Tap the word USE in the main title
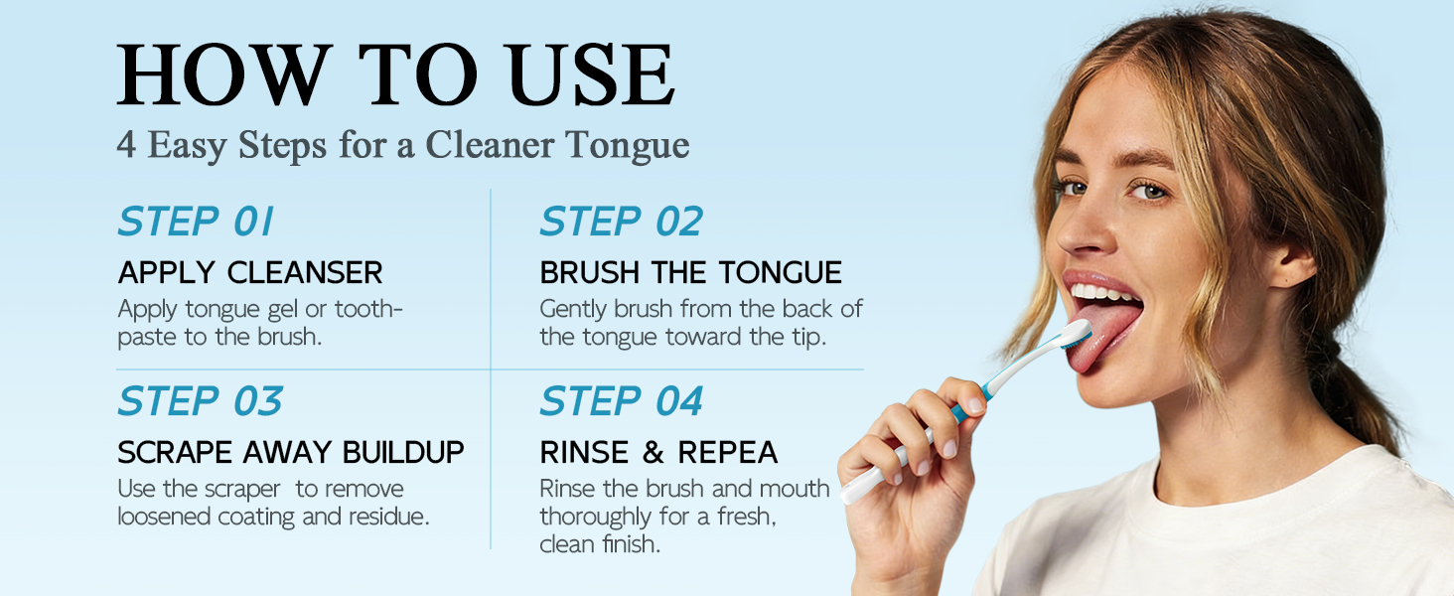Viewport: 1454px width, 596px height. pyautogui.click(x=592, y=74)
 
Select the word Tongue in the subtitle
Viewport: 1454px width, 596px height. pyautogui.click(x=627, y=145)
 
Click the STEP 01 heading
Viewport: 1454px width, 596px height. pyautogui.click(x=196, y=222)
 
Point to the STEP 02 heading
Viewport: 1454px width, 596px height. pyautogui.click(x=621, y=222)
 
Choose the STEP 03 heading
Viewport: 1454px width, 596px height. pyautogui.click(x=200, y=400)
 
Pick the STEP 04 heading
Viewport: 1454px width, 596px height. pyautogui.click(x=621, y=400)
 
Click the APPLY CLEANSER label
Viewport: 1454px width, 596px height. pyautogui.click(x=250, y=273)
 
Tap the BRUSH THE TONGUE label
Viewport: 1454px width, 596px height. pyautogui.click(x=690, y=273)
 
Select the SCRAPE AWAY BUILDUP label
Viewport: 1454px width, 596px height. pyautogui.click(x=291, y=453)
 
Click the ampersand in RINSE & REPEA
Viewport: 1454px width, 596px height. pyautogui.click(x=653, y=453)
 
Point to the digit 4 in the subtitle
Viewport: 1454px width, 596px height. pyautogui.click(x=126, y=144)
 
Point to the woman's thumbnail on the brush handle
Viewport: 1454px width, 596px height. pyautogui.click(x=974, y=404)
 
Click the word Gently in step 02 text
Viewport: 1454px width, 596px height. pyautogui.click(x=574, y=310)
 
